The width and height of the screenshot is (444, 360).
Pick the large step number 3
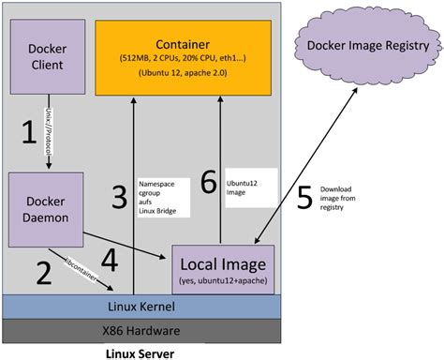[117, 197]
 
